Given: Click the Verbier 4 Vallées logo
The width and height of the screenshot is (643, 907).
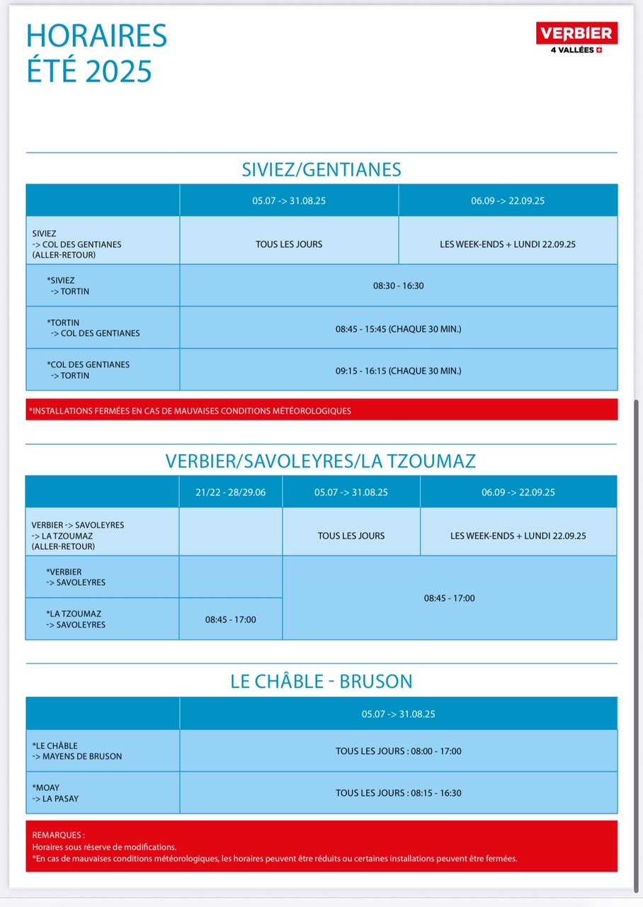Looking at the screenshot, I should [x=577, y=37].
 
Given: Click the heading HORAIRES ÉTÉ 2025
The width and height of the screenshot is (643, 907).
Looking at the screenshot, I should [x=97, y=53].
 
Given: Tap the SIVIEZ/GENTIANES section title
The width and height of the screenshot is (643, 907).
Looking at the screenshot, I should [x=321, y=170].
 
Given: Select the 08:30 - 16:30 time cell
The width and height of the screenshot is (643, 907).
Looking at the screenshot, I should [x=398, y=286].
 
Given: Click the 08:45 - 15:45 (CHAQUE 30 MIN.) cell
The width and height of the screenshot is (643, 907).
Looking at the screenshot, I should [x=398, y=328].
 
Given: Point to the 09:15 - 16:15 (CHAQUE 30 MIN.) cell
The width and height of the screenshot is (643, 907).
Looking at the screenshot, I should [x=398, y=370].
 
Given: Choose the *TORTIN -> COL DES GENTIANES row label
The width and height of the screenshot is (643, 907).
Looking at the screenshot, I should [x=93, y=328].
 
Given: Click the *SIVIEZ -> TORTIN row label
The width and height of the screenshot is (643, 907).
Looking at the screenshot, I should [x=68, y=286].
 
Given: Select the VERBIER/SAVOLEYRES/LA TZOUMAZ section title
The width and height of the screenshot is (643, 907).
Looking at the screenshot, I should [x=321, y=461].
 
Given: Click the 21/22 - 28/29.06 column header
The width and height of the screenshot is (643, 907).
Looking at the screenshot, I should [x=231, y=492].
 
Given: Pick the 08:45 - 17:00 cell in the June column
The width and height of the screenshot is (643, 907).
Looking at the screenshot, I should [x=231, y=619].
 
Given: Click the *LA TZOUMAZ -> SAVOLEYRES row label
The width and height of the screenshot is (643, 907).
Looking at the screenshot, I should [x=76, y=619].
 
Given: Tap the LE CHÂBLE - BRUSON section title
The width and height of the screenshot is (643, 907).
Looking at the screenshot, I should [x=321, y=682].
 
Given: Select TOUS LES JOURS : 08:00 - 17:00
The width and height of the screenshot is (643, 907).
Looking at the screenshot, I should [x=398, y=751].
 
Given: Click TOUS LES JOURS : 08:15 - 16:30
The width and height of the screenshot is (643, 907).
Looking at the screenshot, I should [x=398, y=793].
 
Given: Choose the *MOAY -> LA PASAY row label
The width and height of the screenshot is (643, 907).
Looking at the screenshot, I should [x=55, y=793].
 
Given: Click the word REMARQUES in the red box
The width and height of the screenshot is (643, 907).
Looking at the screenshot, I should [x=58, y=835].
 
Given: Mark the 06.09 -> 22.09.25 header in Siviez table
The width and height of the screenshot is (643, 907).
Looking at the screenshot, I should [x=508, y=201].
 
